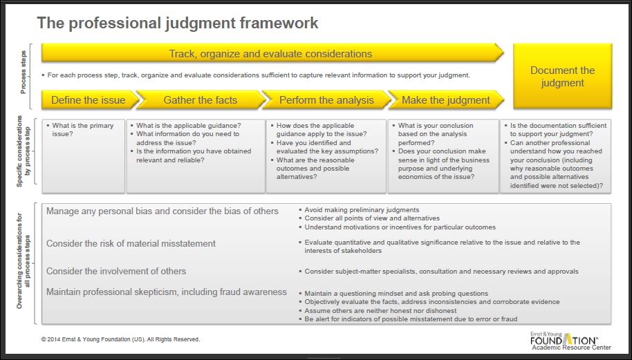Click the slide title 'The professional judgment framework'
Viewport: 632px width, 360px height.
178,23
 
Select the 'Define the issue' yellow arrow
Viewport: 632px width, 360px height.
89,100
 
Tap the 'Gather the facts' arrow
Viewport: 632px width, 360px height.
200,100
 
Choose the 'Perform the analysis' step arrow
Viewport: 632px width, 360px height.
326,100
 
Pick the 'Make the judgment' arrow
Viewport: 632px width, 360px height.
445,100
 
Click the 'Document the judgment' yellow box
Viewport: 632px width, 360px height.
562,76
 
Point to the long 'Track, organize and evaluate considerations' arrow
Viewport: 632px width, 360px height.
270,53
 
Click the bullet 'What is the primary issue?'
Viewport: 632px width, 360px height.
83,130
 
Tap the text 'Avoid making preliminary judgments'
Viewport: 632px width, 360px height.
362,210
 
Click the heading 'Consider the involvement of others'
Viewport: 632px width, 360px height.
116,271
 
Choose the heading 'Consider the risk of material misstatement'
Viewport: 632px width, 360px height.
131,243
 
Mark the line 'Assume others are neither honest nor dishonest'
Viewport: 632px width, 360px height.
380,311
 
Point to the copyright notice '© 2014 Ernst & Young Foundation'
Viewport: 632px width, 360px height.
120,339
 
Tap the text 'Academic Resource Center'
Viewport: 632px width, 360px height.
571,348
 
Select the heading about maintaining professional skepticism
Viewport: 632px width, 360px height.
166,292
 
